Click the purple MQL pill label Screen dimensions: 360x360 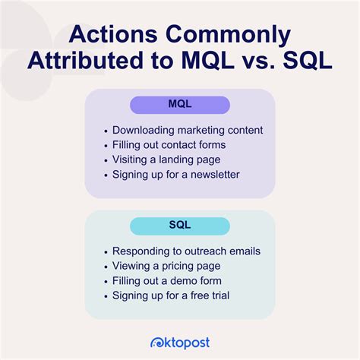(180, 105)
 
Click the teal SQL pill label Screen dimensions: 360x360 (180, 226)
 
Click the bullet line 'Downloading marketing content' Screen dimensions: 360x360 (187, 130)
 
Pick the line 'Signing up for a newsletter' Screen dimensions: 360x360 (175, 174)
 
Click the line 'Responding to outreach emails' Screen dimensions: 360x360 (185, 251)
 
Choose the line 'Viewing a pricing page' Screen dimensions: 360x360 (166, 266)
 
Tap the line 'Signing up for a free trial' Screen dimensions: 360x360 (171, 295)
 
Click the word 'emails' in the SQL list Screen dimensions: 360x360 (242, 251)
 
